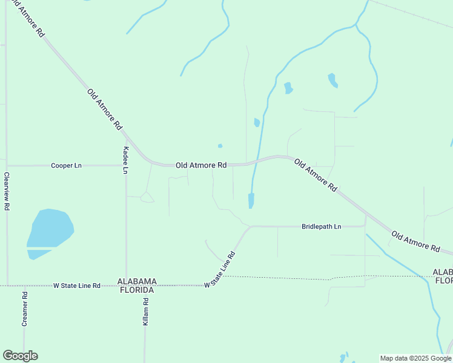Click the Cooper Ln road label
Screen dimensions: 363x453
66,165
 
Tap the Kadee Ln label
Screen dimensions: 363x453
126,160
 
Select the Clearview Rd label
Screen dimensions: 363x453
7,191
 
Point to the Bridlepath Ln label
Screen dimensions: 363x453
322,226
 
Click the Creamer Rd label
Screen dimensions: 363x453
25,310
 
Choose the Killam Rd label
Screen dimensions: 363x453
145,312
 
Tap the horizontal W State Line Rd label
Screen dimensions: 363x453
76,285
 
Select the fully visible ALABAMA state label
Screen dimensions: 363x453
137,281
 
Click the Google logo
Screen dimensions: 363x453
20,356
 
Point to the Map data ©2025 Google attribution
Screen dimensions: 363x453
416,358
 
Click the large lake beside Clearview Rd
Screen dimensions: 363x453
50,231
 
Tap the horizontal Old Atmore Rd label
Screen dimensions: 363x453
201,165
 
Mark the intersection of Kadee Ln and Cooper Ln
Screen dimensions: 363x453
126,165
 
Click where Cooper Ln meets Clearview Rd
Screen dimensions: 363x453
7,165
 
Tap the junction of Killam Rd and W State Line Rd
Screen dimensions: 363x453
145,285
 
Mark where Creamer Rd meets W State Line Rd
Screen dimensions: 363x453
24,285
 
